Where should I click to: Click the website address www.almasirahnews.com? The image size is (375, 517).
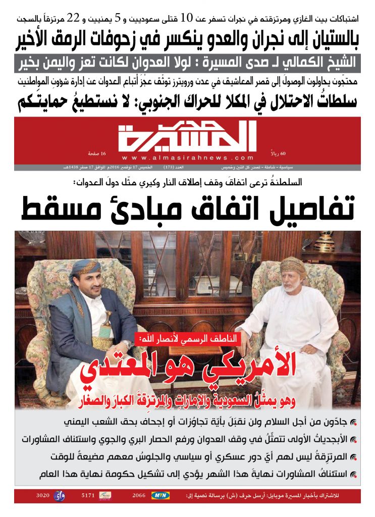[187, 157]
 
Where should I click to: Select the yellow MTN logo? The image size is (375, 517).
[162, 496]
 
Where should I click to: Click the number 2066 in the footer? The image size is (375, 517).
[139, 496]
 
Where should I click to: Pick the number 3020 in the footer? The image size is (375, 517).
[42, 496]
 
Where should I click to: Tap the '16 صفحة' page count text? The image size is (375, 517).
[96, 153]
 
